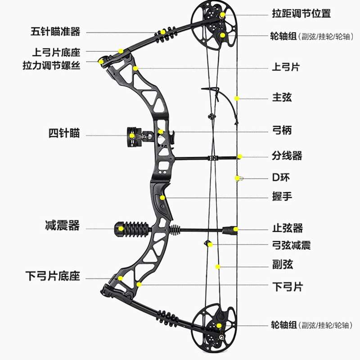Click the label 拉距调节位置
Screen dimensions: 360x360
301,13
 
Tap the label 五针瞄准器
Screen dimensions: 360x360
55,31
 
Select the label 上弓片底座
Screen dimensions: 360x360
55,53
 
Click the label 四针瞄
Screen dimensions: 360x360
64,133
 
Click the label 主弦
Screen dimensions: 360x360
282,97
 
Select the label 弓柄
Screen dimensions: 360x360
282,130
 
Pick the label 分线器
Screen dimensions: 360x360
287,156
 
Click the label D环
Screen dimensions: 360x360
281,177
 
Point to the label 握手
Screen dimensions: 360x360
282,197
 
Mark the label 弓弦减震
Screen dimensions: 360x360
292,245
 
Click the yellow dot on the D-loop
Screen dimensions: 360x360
237,178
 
